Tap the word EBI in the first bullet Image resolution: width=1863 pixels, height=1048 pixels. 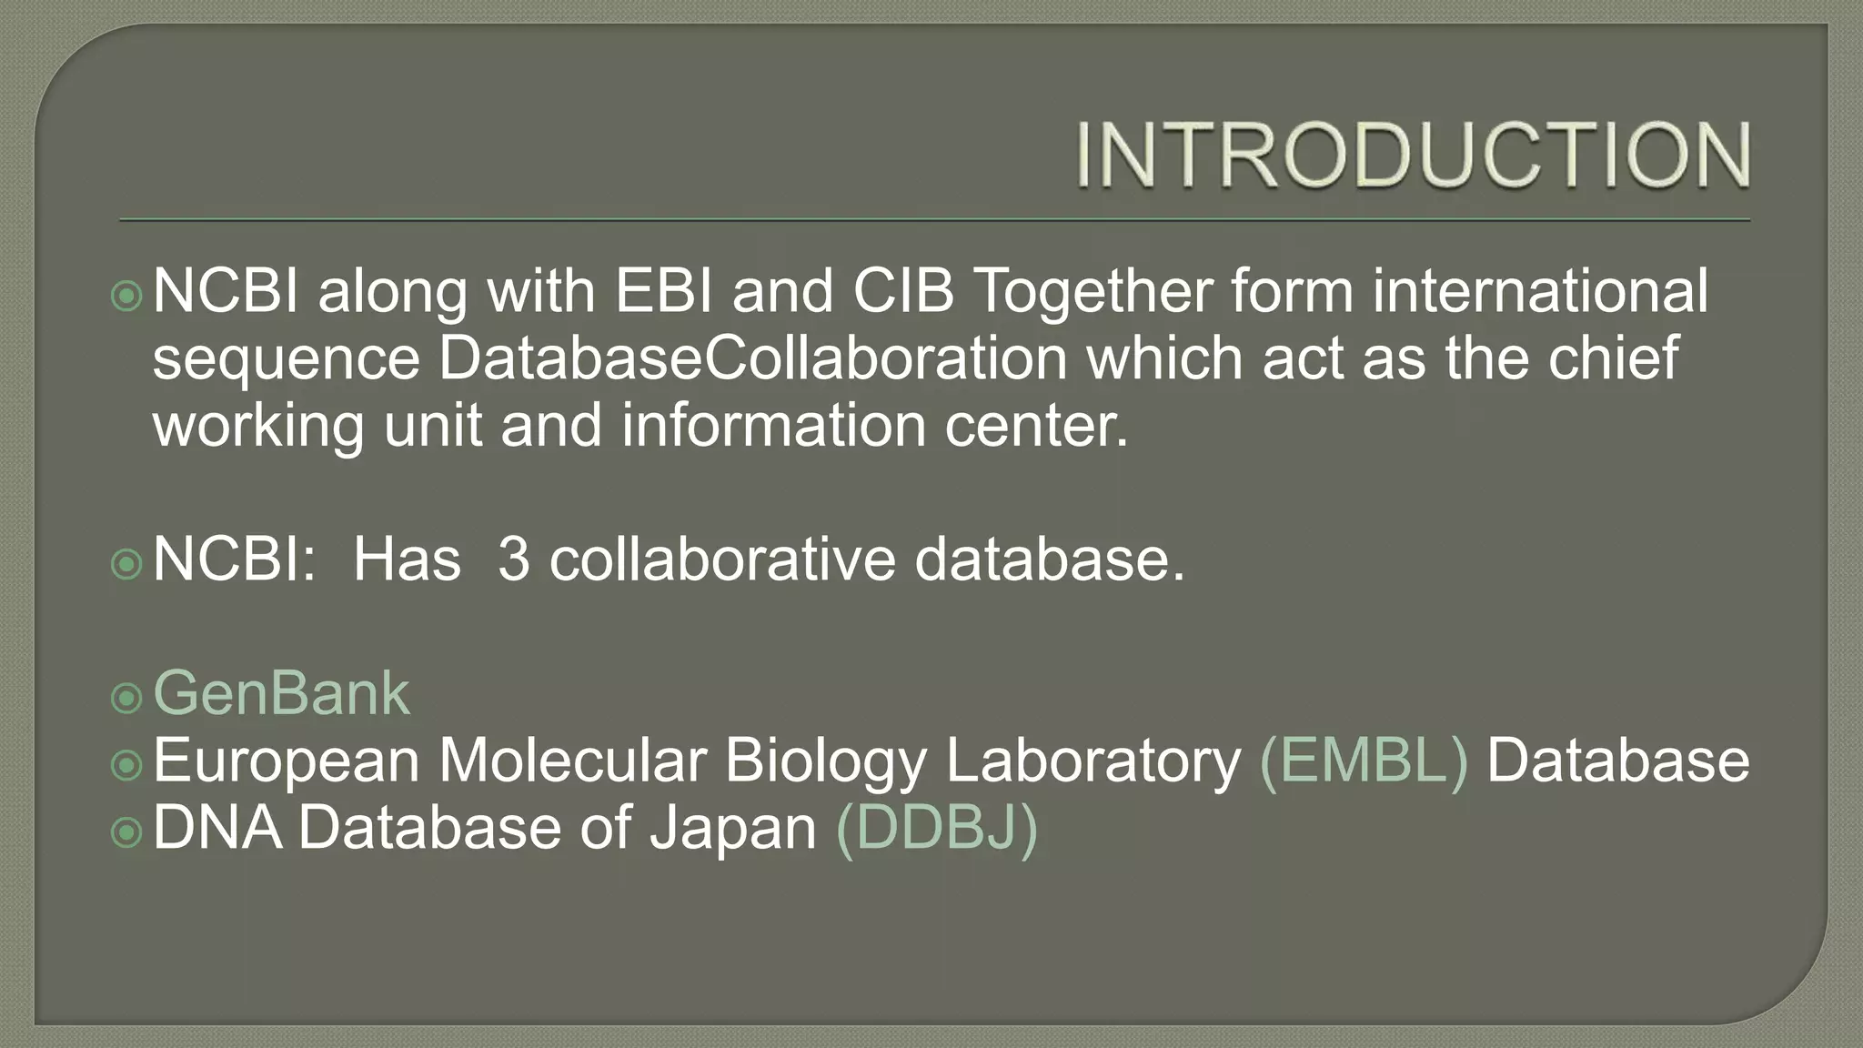[663, 291]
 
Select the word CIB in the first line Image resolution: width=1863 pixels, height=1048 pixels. [903, 291]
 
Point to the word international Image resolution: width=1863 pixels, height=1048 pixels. [1540, 291]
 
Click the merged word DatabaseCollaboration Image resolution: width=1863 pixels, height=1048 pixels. [752, 358]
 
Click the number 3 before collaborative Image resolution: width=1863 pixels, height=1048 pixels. [514, 559]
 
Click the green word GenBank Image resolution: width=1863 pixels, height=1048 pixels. [281, 693]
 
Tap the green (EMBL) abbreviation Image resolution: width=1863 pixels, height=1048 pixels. [1364, 761]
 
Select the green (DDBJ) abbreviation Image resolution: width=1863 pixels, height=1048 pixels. [936, 828]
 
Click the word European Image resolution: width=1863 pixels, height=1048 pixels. [286, 761]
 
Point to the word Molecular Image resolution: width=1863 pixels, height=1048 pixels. [572, 761]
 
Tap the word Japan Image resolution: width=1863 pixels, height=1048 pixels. [733, 828]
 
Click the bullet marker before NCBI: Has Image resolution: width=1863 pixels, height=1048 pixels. [126, 564]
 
